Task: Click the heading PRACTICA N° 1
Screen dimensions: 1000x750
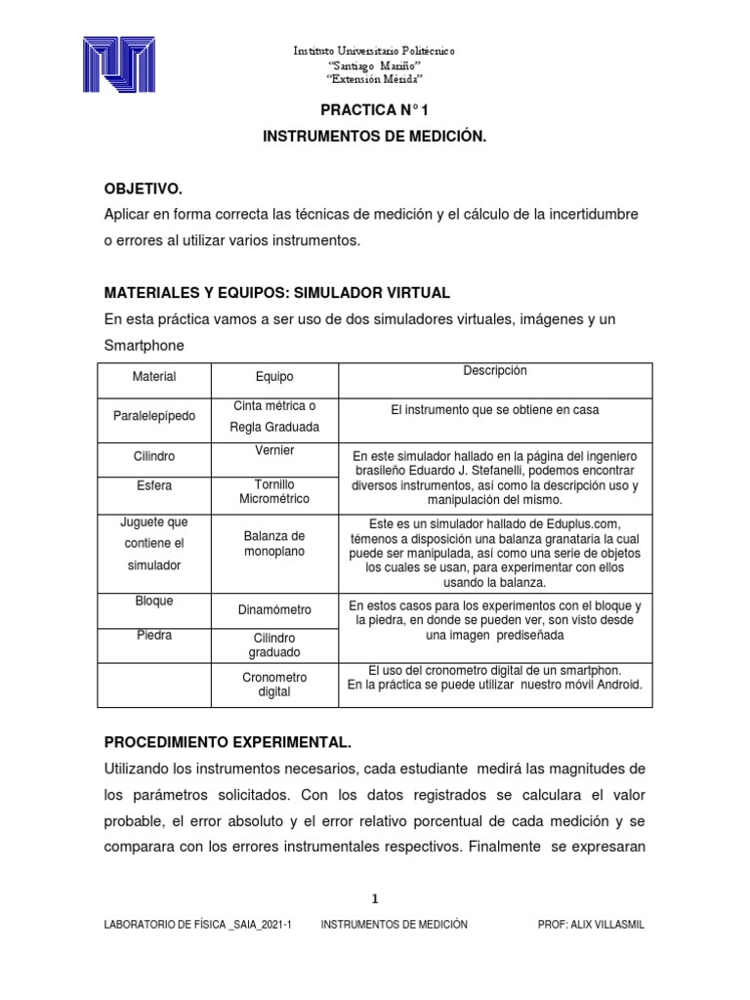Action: click(374, 113)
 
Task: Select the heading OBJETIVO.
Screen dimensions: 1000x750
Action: click(144, 187)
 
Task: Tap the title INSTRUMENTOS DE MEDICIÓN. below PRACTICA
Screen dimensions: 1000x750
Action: click(374, 139)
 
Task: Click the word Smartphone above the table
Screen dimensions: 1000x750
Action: click(144, 346)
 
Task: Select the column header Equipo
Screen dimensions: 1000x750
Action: click(273, 377)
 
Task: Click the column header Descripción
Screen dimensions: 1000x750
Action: click(494, 371)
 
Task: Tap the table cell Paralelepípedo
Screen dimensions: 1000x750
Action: click(154, 416)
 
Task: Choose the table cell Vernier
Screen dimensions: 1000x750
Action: click(273, 450)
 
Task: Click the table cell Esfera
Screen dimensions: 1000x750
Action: click(154, 483)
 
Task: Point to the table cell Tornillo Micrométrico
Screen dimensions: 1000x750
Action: click(273, 491)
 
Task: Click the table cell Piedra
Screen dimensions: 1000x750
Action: click(154, 635)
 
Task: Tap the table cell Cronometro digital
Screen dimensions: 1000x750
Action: click(273, 685)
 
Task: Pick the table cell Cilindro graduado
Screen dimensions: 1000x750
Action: click(273, 645)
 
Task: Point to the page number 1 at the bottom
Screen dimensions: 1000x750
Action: click(374, 899)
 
